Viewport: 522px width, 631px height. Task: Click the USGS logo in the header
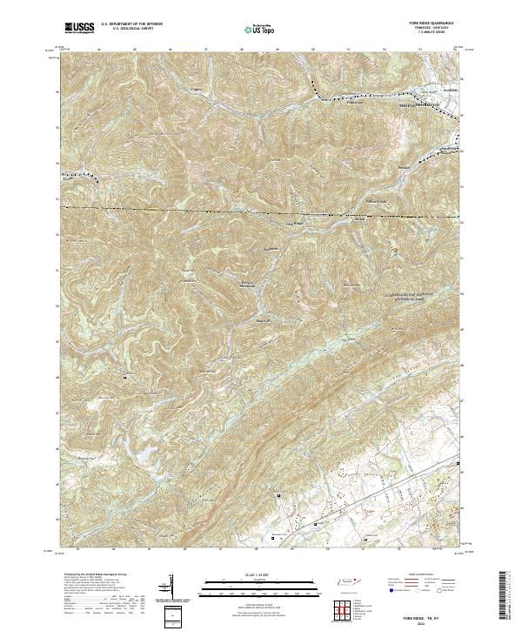(80, 29)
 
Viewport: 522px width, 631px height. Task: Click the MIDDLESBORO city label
(409, 105)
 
